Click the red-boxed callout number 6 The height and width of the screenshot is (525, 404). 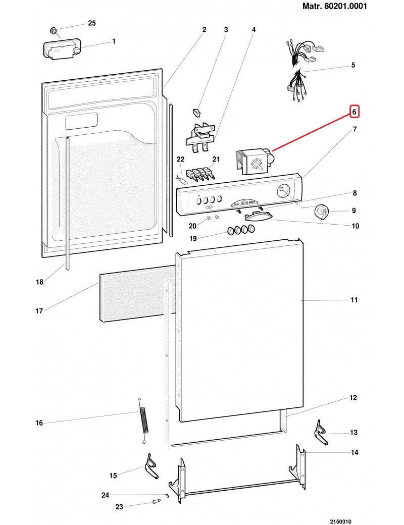point(354,111)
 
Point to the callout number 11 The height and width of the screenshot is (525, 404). point(354,300)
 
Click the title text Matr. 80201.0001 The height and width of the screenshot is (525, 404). point(334,7)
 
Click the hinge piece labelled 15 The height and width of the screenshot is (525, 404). point(152,466)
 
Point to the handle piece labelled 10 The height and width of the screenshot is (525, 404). point(258,217)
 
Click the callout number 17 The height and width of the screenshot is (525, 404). point(39,311)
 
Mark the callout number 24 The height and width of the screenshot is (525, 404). point(105,495)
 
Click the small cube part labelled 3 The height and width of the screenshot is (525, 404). point(197,112)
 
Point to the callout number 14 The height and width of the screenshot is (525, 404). point(355,452)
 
